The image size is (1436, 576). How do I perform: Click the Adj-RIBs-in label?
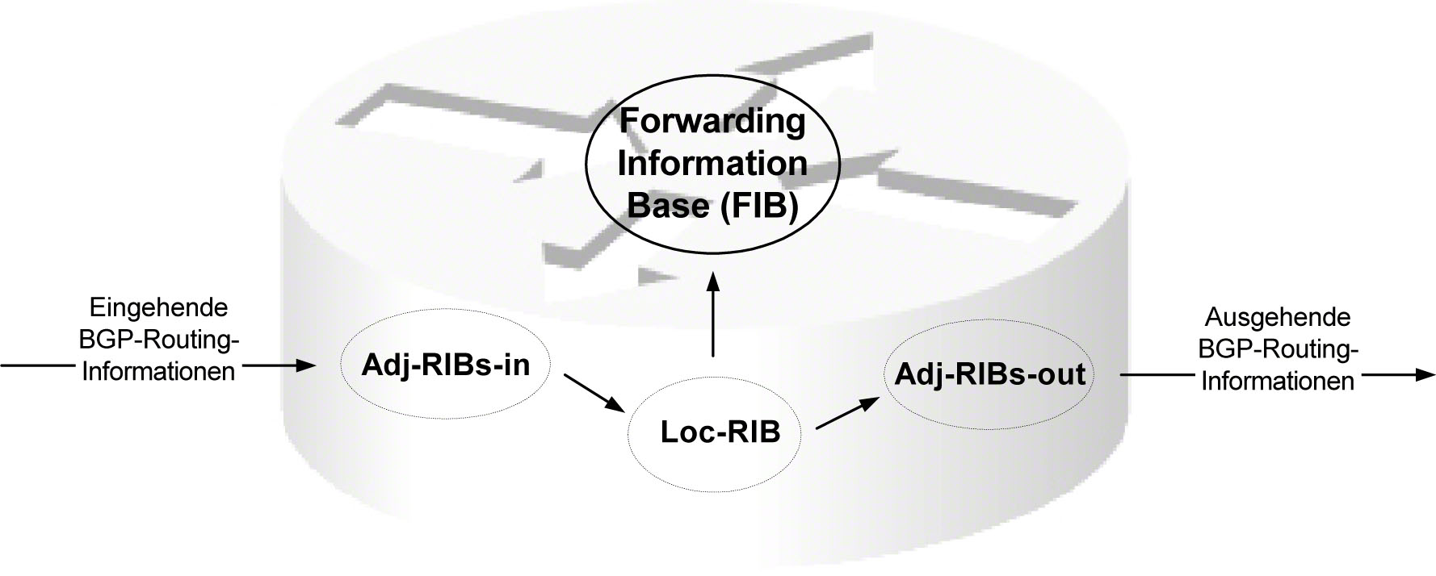point(446,365)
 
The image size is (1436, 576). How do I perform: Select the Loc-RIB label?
point(720,432)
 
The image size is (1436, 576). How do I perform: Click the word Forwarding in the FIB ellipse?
point(712,122)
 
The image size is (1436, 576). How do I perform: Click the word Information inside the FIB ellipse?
point(712,164)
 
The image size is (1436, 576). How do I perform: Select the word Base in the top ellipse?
point(666,206)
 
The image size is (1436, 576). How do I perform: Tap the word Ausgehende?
point(1277,316)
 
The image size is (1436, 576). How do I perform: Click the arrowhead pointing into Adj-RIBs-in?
point(304,365)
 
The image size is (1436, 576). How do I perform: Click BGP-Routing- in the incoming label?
point(159,340)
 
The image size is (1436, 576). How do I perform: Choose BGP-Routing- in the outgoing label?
point(1277,349)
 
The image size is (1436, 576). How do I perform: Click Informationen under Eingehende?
point(159,371)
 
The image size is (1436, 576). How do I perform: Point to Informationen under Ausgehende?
point(1277,381)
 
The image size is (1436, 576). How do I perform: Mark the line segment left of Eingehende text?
point(36,365)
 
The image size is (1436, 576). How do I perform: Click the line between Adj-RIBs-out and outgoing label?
point(1155,375)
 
